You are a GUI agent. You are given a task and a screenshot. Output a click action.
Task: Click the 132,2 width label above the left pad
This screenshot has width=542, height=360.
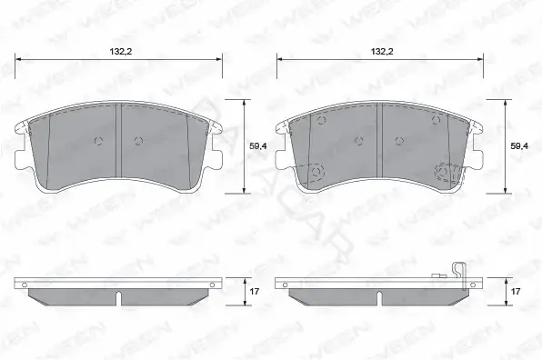(121, 52)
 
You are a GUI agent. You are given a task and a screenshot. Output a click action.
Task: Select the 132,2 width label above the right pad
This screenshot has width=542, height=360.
(382, 52)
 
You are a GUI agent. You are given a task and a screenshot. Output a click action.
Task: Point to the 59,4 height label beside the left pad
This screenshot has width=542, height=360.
(258, 146)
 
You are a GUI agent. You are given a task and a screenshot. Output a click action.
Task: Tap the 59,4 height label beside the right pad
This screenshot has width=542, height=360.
(519, 146)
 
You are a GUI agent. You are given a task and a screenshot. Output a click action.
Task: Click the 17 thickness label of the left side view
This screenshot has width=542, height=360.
(255, 292)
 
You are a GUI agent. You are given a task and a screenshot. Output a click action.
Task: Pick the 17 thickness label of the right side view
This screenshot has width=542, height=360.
(516, 292)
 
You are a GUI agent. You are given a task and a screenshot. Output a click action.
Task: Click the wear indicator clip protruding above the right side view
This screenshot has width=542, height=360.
(459, 275)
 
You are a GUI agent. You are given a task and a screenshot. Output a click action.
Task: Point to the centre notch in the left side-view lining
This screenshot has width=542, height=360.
(119, 298)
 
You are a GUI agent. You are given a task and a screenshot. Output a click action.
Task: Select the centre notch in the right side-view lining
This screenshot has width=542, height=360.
(379, 298)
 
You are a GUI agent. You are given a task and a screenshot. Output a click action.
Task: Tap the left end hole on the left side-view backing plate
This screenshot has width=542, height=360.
(25, 285)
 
